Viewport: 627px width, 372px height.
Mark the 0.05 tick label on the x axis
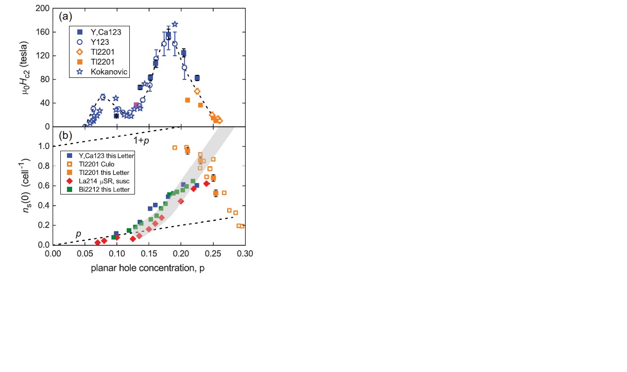(x=84, y=254)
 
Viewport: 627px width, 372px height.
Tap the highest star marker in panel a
(x=175, y=24)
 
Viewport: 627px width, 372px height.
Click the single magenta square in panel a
(x=136, y=105)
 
